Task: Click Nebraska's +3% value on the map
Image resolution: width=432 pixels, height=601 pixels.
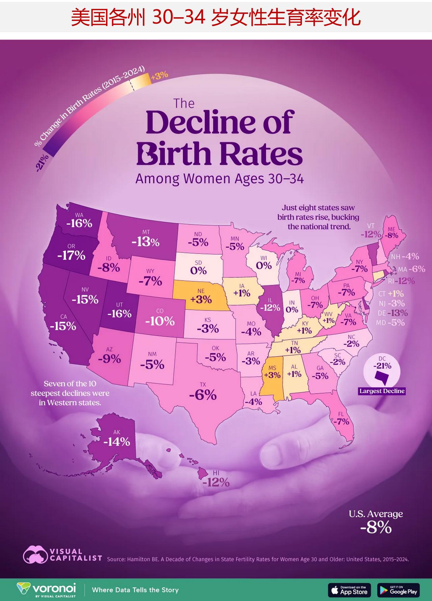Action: click(201, 299)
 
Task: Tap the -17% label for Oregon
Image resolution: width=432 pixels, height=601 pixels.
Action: click(71, 255)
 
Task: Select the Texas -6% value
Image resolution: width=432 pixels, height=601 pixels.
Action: click(202, 394)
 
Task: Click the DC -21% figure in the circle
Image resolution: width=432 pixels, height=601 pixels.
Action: click(382, 366)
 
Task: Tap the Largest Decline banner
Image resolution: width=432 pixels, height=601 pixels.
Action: click(382, 391)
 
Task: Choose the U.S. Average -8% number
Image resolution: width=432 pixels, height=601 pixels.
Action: click(376, 527)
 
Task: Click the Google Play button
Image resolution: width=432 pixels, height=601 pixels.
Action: click(399, 590)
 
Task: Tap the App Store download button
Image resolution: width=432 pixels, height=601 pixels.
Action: click(349, 590)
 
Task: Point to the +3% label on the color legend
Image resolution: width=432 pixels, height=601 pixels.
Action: click(159, 76)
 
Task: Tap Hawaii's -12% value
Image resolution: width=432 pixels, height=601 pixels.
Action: click(216, 482)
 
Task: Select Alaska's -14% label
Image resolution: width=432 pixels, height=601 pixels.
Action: click(116, 441)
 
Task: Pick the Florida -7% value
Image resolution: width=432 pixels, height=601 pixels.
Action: click(341, 421)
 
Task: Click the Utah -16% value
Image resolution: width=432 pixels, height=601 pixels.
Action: click(119, 313)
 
